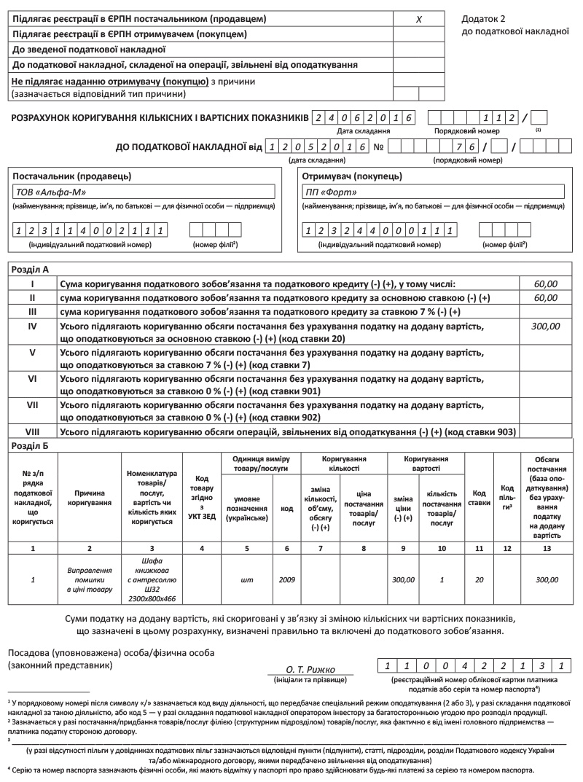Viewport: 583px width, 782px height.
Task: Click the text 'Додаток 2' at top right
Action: tap(483, 18)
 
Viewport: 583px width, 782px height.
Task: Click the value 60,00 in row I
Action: tap(545, 284)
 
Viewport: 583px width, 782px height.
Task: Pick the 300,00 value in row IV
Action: tap(545, 327)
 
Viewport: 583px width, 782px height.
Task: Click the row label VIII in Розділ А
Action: tap(32, 432)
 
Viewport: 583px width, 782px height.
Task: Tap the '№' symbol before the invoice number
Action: tap(379, 147)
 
